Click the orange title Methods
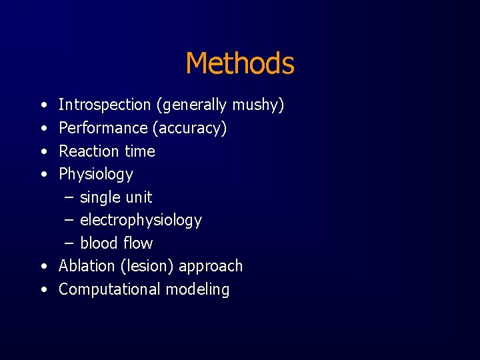click(239, 64)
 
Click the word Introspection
click(105, 105)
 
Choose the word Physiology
click(96, 175)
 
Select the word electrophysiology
click(141, 221)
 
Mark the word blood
click(98, 243)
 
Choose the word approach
click(211, 267)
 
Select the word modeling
click(197, 290)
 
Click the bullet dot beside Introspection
click(43, 105)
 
